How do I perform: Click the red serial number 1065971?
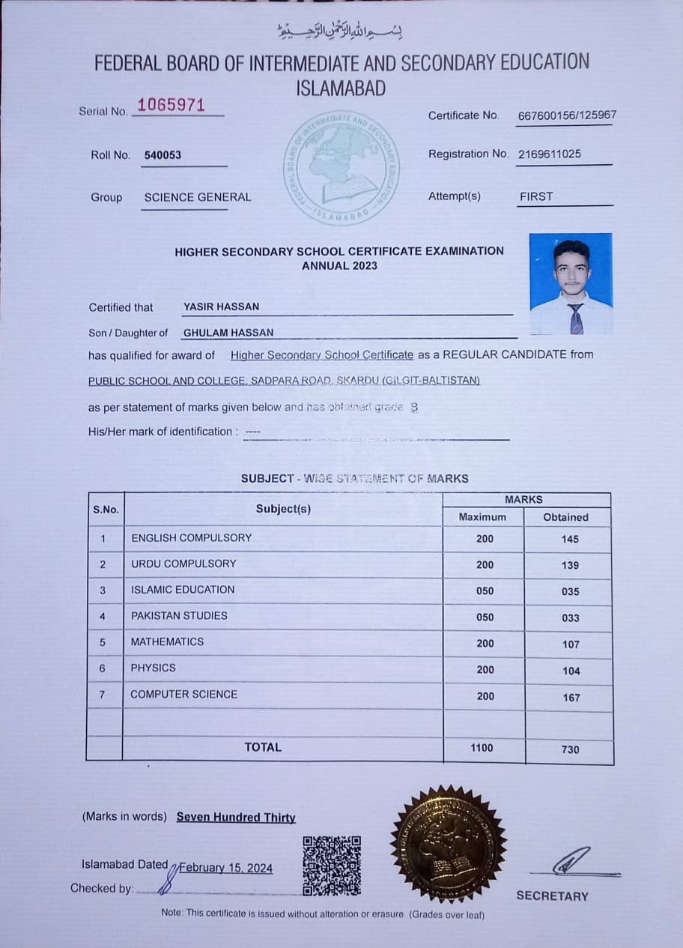pyautogui.click(x=171, y=105)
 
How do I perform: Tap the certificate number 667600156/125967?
pyautogui.click(x=567, y=115)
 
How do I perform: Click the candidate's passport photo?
pyautogui.click(x=571, y=283)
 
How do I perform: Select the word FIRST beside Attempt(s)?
pyautogui.click(x=536, y=196)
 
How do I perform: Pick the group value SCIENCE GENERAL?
pyautogui.click(x=198, y=197)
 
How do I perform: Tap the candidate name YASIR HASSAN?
pyautogui.click(x=222, y=307)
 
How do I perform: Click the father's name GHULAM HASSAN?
pyautogui.click(x=228, y=332)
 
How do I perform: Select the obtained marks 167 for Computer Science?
pyautogui.click(x=571, y=697)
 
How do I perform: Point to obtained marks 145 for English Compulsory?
pyautogui.click(x=570, y=539)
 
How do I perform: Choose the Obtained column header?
pyautogui.click(x=565, y=517)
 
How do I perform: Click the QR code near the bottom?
pyautogui.click(x=332, y=866)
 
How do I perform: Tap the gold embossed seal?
pyautogui.click(x=448, y=843)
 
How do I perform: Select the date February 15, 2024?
pyautogui.click(x=226, y=868)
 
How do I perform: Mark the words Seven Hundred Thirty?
pyautogui.click(x=236, y=818)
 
